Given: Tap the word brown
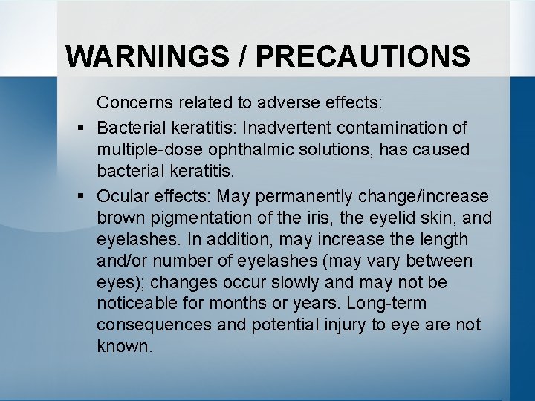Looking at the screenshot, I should click(x=120, y=218).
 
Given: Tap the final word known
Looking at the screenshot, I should click(x=124, y=347).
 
